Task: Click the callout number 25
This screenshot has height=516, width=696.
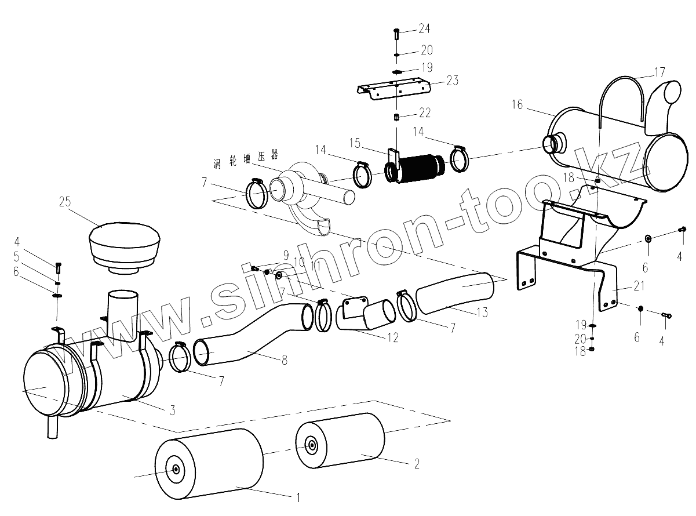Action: (x=65, y=202)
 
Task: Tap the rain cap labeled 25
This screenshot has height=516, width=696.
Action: (x=125, y=246)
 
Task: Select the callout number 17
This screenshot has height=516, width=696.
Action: (x=659, y=73)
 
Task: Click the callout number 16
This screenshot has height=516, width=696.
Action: (x=518, y=105)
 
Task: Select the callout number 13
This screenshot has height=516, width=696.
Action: (x=482, y=312)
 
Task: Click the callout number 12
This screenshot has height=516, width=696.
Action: (x=393, y=337)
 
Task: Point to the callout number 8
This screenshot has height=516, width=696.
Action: (x=284, y=359)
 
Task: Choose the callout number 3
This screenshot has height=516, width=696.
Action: (x=172, y=411)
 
